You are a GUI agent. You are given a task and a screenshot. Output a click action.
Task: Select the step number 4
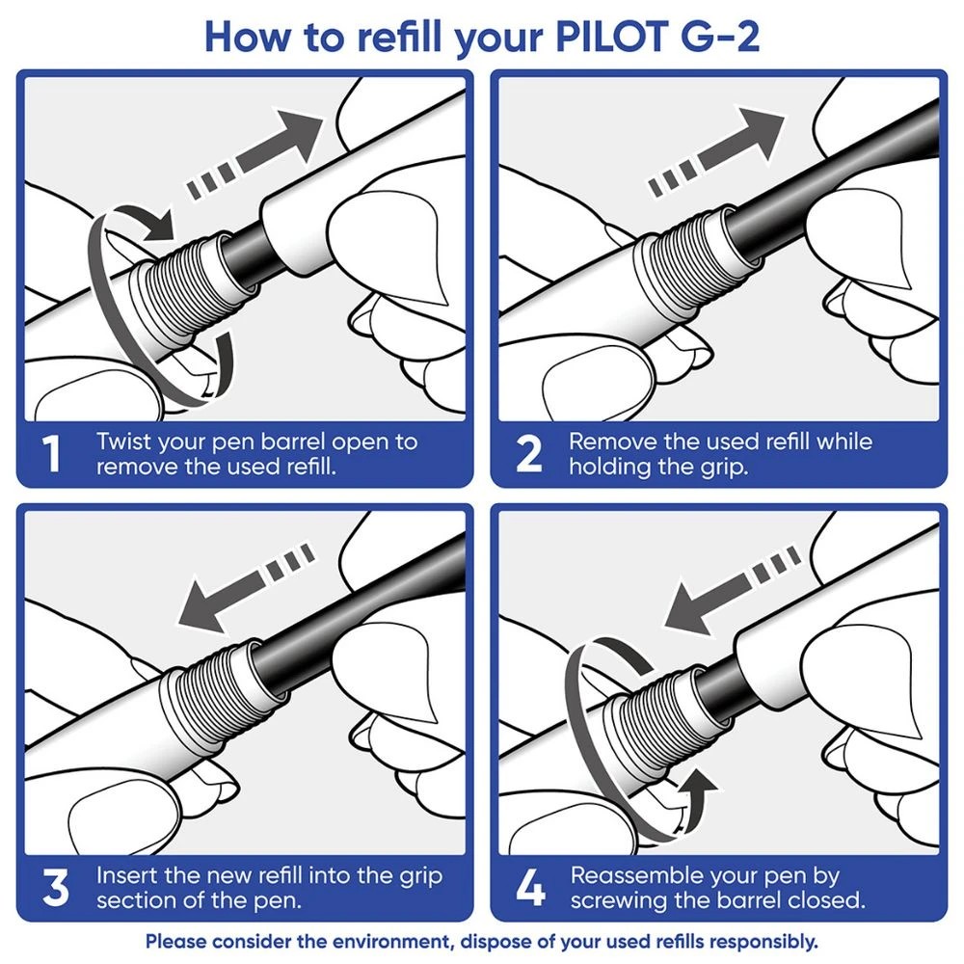[x=529, y=888]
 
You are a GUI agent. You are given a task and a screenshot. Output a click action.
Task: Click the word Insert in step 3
[x=126, y=875]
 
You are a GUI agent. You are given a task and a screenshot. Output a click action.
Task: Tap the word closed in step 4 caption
[x=828, y=901]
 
